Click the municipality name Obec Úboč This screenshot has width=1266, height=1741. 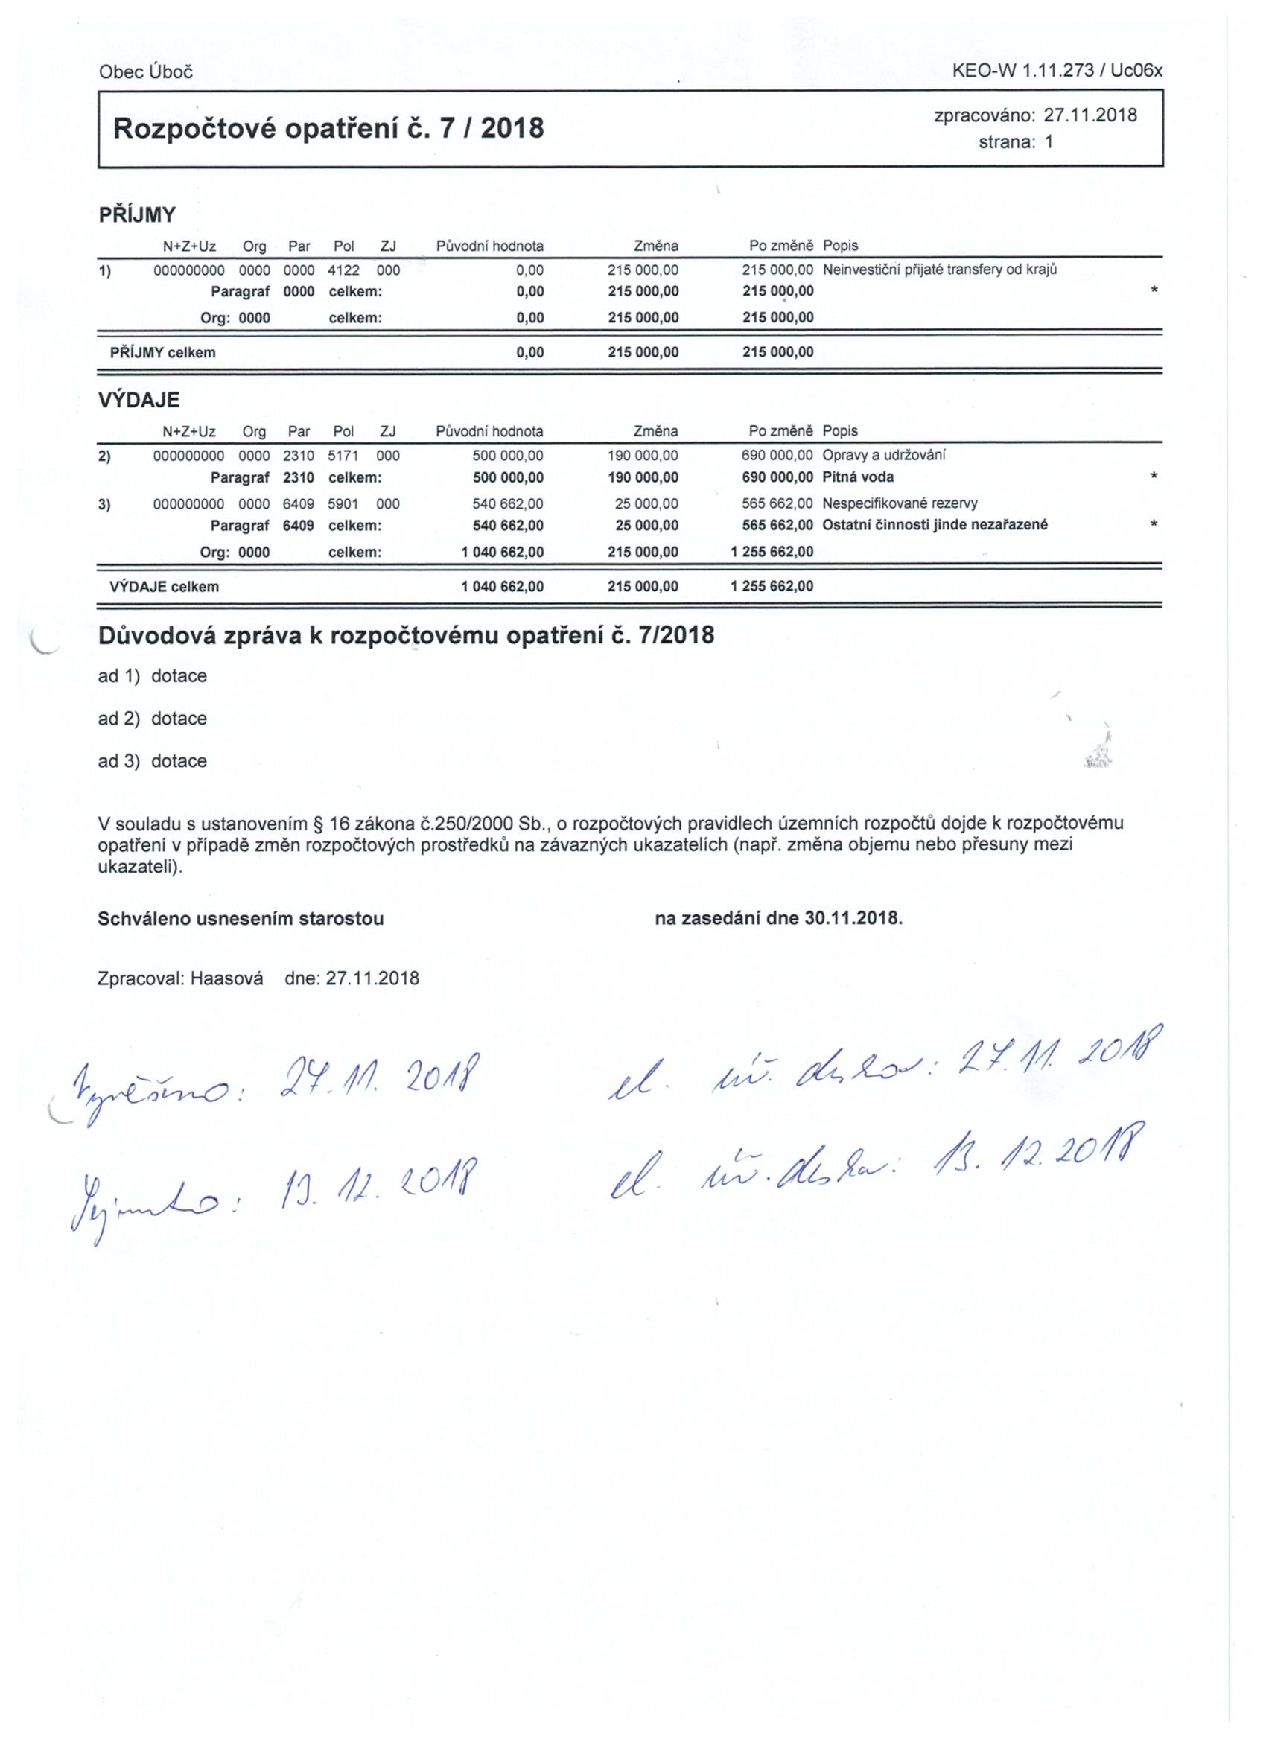pos(145,72)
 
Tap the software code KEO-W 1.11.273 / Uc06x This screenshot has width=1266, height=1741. pos(1057,71)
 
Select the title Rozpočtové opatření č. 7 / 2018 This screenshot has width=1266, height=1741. pos(328,127)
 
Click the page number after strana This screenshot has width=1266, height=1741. pos(1049,142)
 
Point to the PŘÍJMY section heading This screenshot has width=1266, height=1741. pos(138,215)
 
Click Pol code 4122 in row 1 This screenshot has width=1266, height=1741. pos(343,270)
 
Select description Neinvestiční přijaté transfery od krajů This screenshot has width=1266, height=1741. pos(940,270)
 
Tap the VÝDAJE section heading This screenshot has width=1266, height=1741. pos(139,400)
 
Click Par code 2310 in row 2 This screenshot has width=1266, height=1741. pos(299,455)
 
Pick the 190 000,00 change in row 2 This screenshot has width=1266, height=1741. pos(643,455)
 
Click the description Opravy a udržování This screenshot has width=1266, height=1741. pos(884,455)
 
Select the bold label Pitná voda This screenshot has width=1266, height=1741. pos(858,477)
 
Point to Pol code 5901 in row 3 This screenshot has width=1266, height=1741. pos(343,503)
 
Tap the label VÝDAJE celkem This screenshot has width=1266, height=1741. pos(165,587)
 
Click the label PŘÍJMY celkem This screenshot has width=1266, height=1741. pos(163,353)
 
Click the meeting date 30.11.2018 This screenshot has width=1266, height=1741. pos(852,919)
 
